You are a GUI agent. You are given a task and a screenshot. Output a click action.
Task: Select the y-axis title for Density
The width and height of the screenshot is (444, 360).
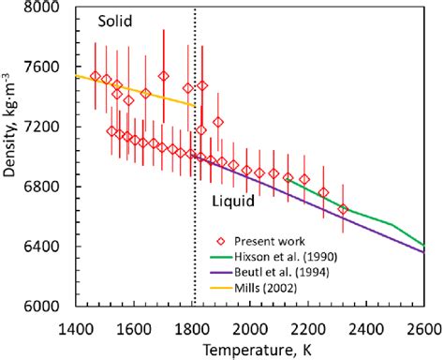click(x=11, y=157)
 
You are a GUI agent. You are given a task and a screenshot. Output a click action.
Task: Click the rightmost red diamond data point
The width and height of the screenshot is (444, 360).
click(x=343, y=209)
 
